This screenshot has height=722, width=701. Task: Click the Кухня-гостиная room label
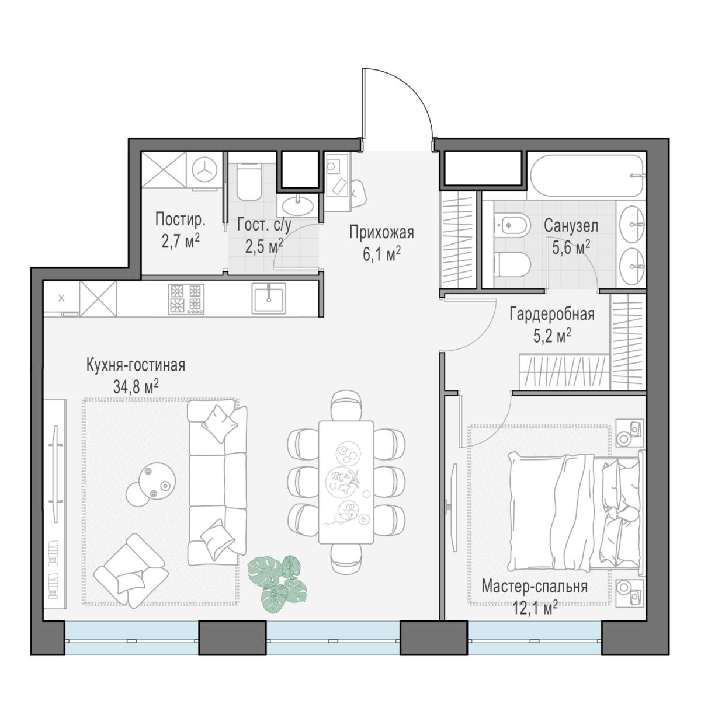coord(136,365)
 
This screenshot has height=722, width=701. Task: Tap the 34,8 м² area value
coord(136,387)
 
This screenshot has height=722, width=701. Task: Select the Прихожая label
coord(381,233)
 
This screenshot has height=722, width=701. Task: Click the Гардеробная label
coord(551,315)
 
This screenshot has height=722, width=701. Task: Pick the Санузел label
coord(571,226)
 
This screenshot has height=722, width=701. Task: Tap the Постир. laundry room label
coord(180,219)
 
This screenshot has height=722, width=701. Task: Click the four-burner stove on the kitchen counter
coord(186,299)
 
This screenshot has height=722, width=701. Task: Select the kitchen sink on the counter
coord(269,298)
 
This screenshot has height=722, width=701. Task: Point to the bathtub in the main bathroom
coord(587,176)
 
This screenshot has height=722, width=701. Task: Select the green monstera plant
coord(277,584)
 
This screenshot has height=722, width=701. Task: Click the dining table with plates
coord(346,482)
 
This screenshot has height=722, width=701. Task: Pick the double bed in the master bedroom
coord(576,512)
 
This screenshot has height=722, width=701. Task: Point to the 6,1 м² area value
coord(381,254)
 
